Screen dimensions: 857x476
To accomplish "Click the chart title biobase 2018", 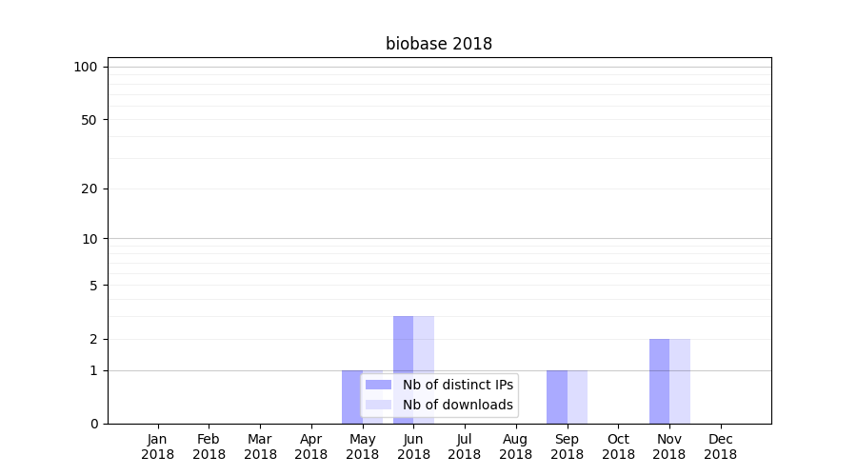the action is point(439,44).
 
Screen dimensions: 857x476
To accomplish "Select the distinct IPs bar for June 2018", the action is point(404,370).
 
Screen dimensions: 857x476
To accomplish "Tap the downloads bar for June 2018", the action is point(424,370).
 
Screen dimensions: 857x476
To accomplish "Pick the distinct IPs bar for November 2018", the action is point(660,382).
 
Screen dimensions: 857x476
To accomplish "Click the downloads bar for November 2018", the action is point(680,382).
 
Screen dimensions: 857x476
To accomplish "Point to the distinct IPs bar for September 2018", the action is point(557,397).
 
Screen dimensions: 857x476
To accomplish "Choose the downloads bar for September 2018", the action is point(577,397).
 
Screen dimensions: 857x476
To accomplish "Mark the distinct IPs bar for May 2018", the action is point(352,397).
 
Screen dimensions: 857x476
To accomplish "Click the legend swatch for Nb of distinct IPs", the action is point(378,385).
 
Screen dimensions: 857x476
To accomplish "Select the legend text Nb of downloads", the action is point(458,405).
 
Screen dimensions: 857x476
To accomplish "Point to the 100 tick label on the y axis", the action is point(86,68).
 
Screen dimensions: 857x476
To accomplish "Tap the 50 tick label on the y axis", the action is point(90,120).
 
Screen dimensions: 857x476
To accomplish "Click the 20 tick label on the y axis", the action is point(90,189).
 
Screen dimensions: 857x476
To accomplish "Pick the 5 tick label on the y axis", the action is point(93,286).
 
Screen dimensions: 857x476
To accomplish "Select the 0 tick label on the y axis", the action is point(94,424).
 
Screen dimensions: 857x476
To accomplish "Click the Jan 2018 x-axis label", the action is point(157,446).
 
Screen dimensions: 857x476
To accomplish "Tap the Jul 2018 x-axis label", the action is point(465,446).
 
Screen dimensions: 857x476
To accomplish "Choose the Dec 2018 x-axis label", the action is point(721,446).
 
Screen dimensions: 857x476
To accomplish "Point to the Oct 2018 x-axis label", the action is point(618,446).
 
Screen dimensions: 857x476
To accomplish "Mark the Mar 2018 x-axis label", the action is point(260,446).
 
